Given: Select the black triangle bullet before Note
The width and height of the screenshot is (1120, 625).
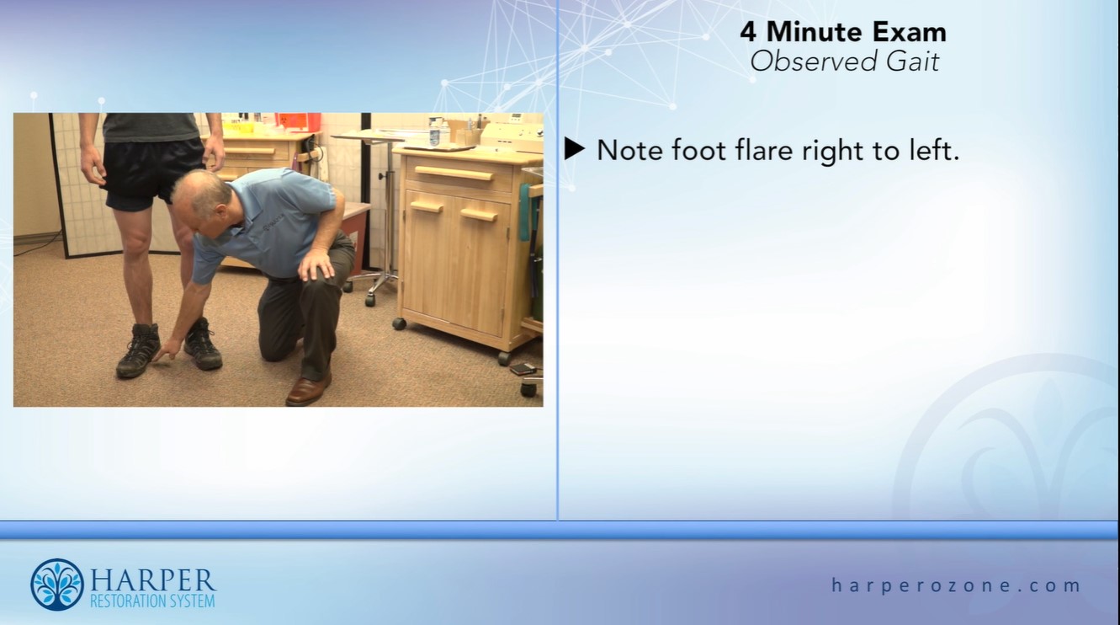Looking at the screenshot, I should click(575, 150).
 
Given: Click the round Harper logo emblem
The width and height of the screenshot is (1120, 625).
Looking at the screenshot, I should click(57, 585).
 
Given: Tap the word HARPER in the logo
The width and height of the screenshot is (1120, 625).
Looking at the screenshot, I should click(152, 580).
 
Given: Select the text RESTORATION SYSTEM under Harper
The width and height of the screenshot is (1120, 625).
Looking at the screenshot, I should click(152, 601).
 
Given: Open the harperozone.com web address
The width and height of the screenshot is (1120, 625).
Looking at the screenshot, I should click(956, 585).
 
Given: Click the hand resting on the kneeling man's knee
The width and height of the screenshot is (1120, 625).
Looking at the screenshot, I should click(316, 264).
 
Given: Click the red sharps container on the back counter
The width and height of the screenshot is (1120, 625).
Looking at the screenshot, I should click(299, 122).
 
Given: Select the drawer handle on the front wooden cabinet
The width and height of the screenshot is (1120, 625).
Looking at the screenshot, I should click(454, 174).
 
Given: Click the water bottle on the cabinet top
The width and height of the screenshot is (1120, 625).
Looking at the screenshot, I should click(434, 132).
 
